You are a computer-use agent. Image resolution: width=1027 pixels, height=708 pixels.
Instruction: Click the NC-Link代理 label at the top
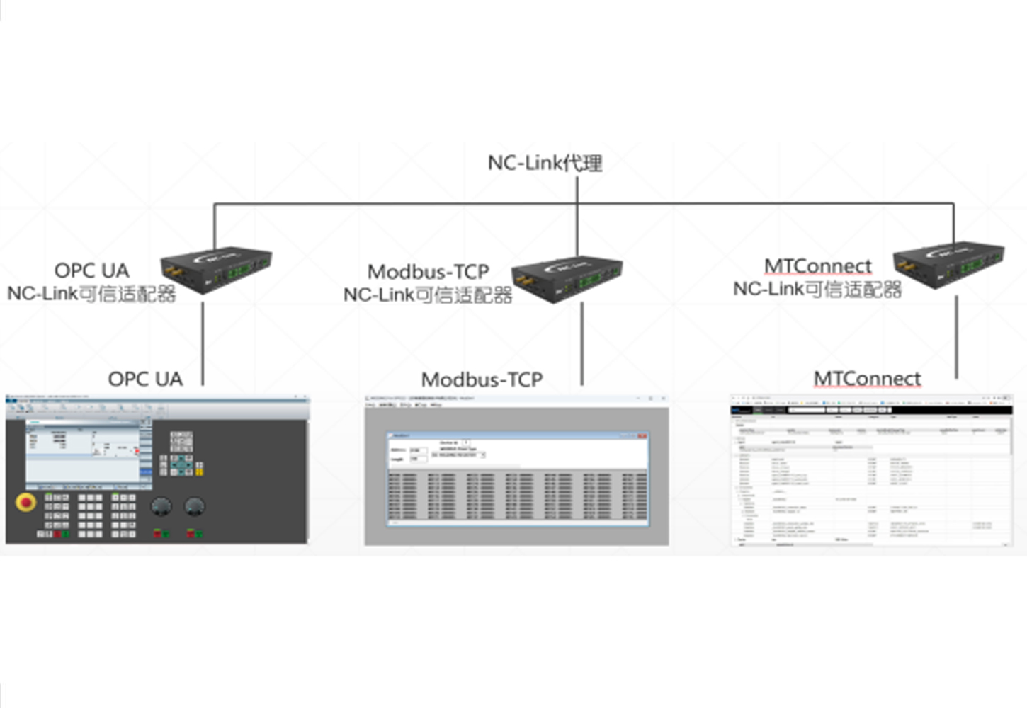click(545, 163)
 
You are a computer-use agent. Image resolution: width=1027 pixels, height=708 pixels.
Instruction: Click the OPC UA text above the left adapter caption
click(91, 270)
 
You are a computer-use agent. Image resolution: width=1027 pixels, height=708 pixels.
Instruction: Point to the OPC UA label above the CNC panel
click(145, 379)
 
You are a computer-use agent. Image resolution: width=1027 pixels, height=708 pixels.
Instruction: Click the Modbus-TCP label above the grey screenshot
click(482, 379)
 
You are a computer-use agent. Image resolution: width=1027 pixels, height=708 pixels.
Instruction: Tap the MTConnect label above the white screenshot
click(867, 379)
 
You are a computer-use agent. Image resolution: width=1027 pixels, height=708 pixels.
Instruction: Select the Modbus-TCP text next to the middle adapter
click(428, 272)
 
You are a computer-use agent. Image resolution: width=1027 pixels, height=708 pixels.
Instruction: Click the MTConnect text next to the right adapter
click(817, 266)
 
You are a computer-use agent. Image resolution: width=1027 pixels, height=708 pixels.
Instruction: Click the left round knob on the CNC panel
click(161, 506)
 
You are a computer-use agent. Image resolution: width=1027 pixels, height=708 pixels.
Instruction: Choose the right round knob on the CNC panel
click(194, 506)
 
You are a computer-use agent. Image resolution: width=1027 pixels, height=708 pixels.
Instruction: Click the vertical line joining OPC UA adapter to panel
click(203, 343)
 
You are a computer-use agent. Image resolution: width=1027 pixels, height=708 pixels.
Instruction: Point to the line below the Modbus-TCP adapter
click(582, 343)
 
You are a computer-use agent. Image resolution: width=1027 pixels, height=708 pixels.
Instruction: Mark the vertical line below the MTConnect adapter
click(956, 336)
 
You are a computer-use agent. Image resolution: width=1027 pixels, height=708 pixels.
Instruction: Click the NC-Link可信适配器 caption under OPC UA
click(91, 293)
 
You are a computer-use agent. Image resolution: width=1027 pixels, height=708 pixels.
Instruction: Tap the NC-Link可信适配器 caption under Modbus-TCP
click(427, 295)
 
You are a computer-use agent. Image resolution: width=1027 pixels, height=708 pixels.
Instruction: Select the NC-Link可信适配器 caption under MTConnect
click(817, 289)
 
